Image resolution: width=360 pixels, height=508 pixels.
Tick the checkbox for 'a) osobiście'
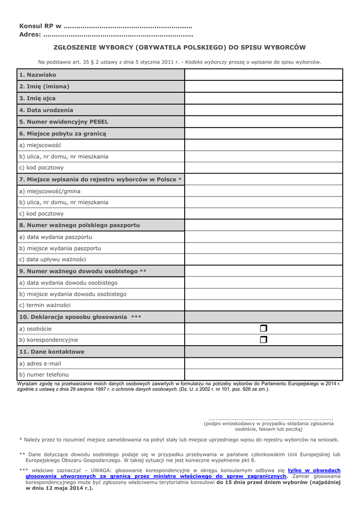(x=263, y=328)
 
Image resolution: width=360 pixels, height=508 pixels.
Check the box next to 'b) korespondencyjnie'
(x=263, y=340)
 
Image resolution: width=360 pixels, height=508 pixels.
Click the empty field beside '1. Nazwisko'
(x=264, y=75)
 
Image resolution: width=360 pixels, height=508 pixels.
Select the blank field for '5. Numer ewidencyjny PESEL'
(x=264, y=122)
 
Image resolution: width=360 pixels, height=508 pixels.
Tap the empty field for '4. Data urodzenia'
(x=264, y=110)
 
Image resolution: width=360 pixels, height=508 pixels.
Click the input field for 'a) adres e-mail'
(x=264, y=364)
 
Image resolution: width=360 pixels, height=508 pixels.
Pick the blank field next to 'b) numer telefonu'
(x=264, y=375)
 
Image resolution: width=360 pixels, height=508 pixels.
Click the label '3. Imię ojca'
(x=38, y=98)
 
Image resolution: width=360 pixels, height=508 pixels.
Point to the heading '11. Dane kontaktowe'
(x=52, y=352)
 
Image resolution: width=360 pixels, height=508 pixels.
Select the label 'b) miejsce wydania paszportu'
(x=60, y=248)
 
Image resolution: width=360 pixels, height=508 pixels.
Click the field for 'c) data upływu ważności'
(x=264, y=259)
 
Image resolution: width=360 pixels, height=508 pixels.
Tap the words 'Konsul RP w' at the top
(x=40, y=26)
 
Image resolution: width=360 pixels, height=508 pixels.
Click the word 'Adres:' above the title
(x=30, y=35)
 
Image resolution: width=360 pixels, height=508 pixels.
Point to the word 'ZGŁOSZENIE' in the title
(x=75, y=48)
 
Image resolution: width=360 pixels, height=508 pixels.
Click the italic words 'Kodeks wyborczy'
(x=206, y=62)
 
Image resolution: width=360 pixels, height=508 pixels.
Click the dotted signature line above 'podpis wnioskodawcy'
(x=271, y=419)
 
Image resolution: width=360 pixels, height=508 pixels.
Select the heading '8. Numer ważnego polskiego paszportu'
(x=79, y=225)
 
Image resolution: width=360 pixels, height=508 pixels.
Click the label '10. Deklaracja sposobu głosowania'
(x=73, y=317)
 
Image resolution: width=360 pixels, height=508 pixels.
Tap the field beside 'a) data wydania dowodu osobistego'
(x=264, y=283)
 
